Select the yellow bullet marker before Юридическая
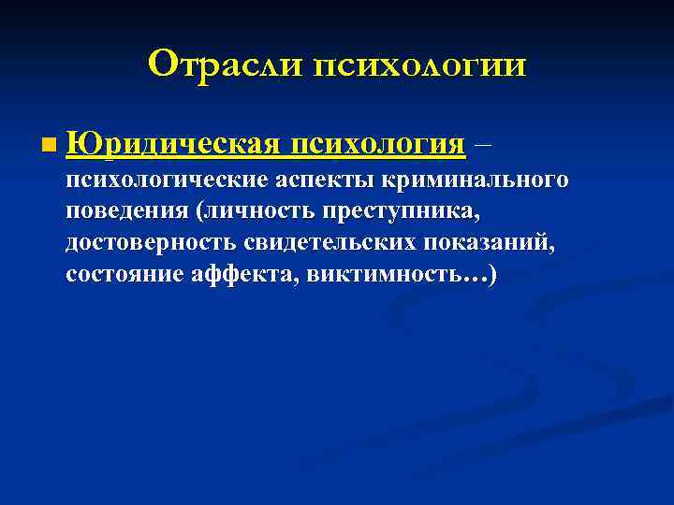click(x=48, y=147)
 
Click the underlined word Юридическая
click(x=175, y=144)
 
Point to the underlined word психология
click(x=378, y=146)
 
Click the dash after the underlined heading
click(x=482, y=146)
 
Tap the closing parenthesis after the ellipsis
click(x=492, y=276)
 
